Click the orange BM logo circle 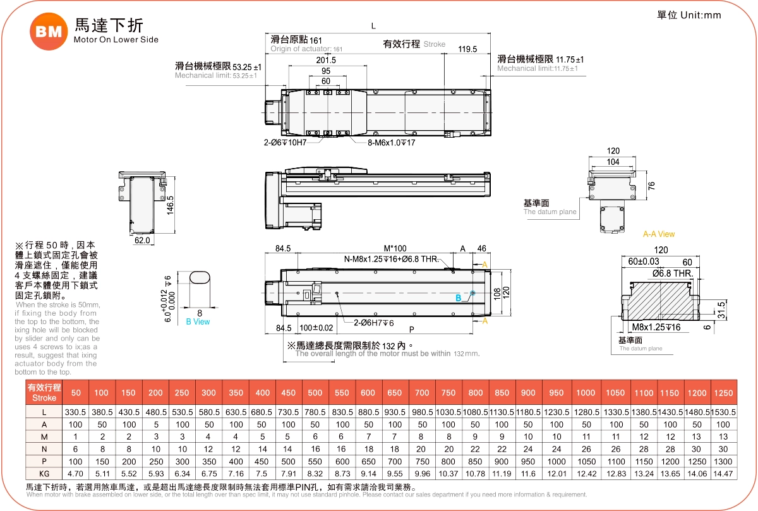(x=49, y=32)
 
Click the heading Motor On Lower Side (x=116, y=40)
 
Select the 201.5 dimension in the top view (x=326, y=60)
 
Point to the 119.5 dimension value (x=467, y=49)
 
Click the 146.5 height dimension (x=170, y=205)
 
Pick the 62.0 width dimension (x=142, y=240)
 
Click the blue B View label (x=198, y=322)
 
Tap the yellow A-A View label (x=659, y=234)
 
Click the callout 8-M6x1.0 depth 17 (x=392, y=143)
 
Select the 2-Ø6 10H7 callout (x=285, y=143)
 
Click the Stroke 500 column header (x=315, y=393)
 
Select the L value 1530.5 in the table (x=723, y=412)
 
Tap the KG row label (x=44, y=473)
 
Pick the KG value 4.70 (x=75, y=473)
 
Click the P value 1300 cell (x=723, y=461)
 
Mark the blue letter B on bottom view (x=459, y=298)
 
